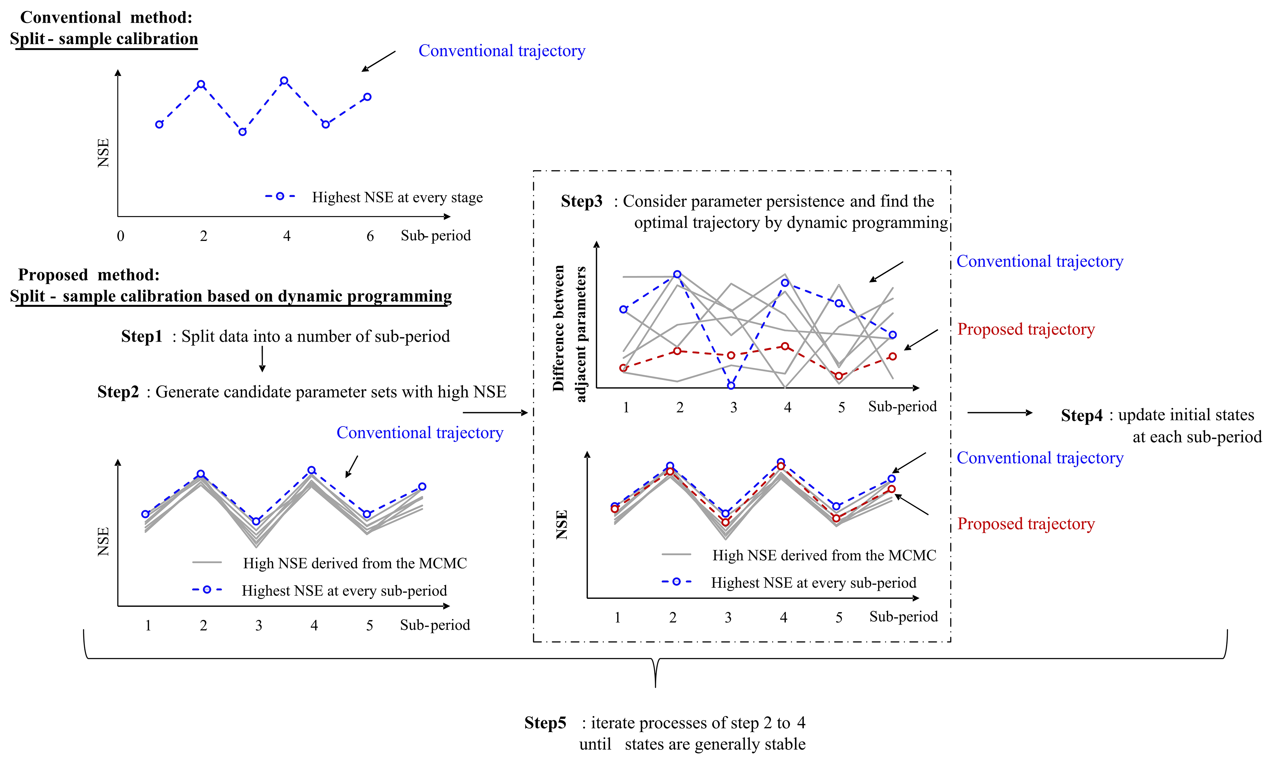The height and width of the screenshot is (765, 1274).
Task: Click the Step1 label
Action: (x=141, y=337)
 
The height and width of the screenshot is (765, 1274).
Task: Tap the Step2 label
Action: (x=118, y=392)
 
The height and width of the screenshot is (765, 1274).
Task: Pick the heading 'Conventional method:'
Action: (x=106, y=18)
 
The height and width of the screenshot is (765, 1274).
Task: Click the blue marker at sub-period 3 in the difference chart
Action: (x=731, y=385)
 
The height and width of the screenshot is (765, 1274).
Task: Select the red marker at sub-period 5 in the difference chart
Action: (x=839, y=376)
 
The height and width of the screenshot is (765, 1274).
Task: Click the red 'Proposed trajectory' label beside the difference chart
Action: (x=1025, y=330)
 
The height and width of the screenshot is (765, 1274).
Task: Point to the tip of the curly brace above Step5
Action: (x=655, y=686)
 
